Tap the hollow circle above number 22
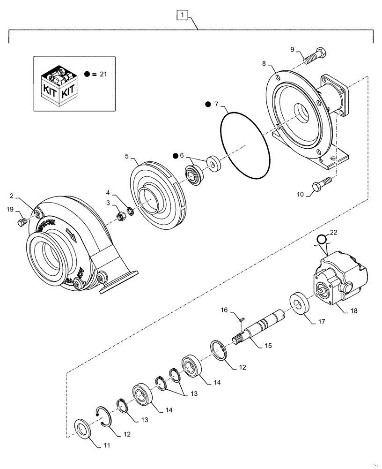pos(321,240)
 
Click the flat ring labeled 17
pos(298,303)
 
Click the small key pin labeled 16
pos(242,319)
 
